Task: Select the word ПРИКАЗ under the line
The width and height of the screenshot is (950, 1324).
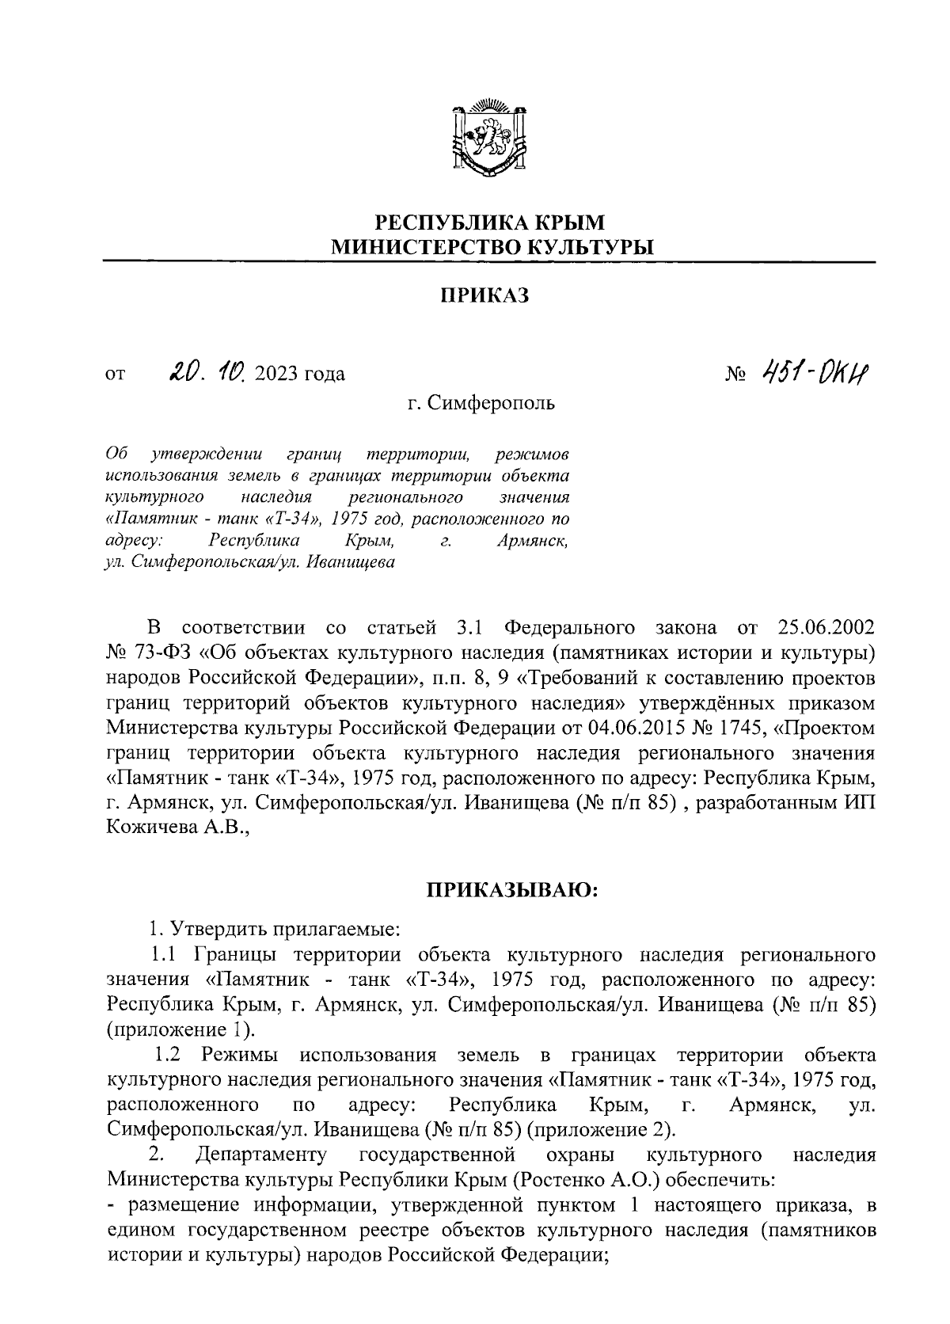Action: [483, 295]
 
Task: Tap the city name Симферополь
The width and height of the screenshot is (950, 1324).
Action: [492, 403]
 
